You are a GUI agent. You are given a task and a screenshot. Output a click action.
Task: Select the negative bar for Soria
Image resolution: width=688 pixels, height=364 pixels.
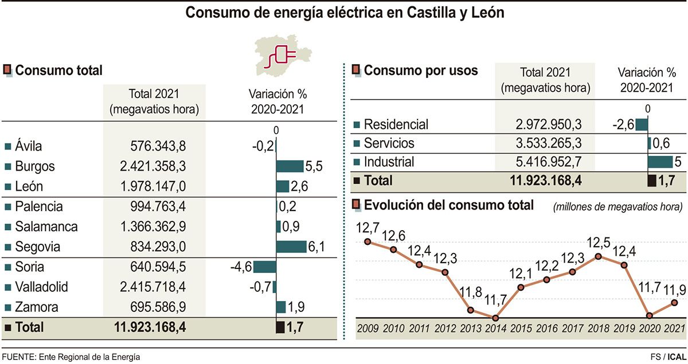pyautogui.click(x=264, y=267)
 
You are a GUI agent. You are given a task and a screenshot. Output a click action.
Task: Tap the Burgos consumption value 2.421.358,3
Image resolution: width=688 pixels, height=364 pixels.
pyautogui.click(x=154, y=167)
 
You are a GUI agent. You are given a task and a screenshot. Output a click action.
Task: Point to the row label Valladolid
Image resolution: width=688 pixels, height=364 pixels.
pyautogui.click(x=42, y=287)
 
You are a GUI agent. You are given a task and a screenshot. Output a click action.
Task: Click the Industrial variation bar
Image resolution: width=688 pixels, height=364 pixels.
pyautogui.click(x=660, y=161)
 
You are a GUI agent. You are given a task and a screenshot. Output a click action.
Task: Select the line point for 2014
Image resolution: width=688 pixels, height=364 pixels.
pyautogui.click(x=495, y=318)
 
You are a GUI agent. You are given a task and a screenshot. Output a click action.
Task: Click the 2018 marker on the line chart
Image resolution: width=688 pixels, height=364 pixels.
pyautogui.click(x=598, y=256)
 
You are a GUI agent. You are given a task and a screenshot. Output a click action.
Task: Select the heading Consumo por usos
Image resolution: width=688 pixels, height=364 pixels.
pyautogui.click(x=421, y=71)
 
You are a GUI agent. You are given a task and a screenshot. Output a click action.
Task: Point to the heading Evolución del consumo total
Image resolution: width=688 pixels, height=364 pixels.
pyautogui.click(x=449, y=205)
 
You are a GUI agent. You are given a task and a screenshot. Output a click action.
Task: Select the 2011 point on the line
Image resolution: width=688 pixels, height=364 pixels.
pyautogui.click(x=419, y=265)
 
